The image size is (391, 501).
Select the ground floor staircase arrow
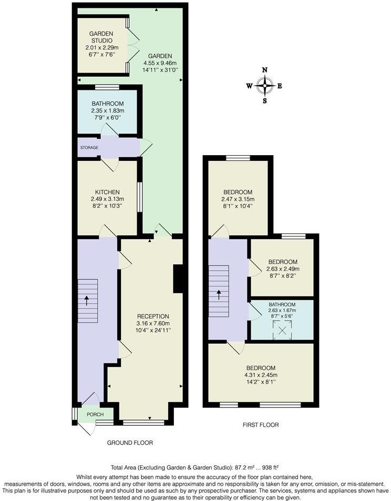87,301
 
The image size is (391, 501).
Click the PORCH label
95,414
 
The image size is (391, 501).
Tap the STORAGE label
89,148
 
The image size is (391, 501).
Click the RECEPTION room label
153,316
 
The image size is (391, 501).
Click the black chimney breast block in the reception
178,279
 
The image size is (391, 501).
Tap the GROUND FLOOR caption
130,443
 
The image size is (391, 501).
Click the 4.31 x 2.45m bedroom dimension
260,375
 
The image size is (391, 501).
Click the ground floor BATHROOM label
107,104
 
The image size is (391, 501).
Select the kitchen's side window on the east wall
139,197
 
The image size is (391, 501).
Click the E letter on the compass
280,86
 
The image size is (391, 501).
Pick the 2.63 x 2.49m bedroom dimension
283,269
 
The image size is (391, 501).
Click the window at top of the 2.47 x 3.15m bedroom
238,158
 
